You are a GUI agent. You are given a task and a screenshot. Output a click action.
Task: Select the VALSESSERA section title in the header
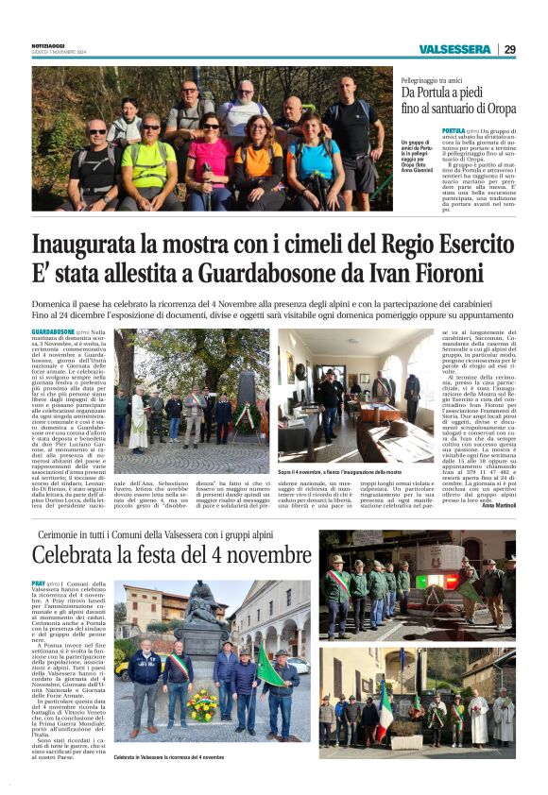[x=456, y=49]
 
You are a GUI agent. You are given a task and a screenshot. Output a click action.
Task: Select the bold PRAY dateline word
[x=40, y=584]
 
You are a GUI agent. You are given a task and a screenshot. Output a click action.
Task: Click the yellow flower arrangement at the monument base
[x=201, y=702]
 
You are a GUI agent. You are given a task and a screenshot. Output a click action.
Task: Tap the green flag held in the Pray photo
[x=269, y=666]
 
